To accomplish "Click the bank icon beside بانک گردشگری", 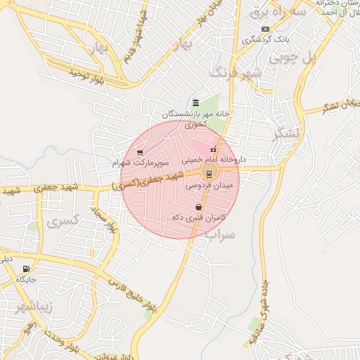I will coord(264,29).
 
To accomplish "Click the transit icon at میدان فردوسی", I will coord(209,174).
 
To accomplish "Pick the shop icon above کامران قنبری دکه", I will coord(200,207).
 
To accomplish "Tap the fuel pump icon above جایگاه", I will coord(27,269).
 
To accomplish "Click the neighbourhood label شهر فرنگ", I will coord(236,72).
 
